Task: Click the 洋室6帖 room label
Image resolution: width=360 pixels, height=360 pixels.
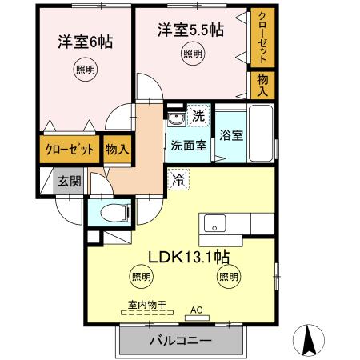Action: [x=83, y=42]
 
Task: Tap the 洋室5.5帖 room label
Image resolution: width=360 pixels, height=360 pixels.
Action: [x=190, y=30]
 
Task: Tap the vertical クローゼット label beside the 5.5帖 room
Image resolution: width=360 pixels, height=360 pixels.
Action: [x=261, y=37]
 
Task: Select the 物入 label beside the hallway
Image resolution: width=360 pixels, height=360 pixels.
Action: [x=117, y=149]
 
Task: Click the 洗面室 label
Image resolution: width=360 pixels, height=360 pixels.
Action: [x=189, y=145]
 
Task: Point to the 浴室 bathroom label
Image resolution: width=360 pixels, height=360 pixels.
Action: [x=232, y=134]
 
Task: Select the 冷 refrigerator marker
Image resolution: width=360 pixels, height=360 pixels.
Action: [x=178, y=180]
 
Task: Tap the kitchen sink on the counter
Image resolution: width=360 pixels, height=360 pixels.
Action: [x=214, y=222]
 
